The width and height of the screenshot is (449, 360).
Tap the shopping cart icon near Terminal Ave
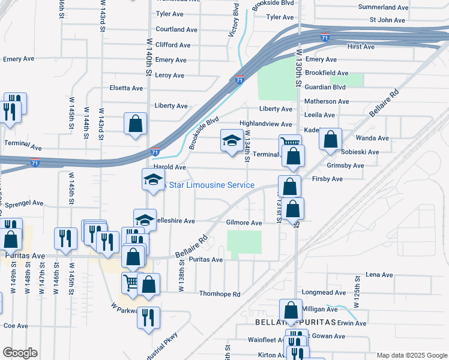click(x=289, y=143)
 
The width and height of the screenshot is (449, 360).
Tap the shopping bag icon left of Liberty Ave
click(x=136, y=123)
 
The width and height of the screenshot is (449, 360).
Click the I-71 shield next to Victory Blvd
click(x=240, y=80)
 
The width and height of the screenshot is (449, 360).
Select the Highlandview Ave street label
click(x=265, y=124)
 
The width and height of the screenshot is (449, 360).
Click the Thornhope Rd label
click(x=220, y=294)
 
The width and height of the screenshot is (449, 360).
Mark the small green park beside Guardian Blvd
click(x=355, y=79)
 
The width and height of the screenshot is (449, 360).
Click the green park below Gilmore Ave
click(x=244, y=242)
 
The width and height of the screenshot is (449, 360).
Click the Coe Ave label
click(x=16, y=326)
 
